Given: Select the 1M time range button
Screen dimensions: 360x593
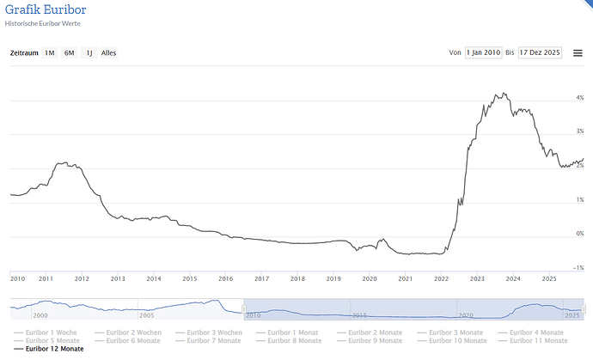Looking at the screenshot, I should tap(50, 52).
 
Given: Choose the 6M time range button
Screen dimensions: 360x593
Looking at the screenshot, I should tap(69, 52).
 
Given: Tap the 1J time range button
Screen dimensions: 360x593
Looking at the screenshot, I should tap(89, 52).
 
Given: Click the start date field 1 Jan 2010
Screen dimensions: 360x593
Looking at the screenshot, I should tap(483, 52).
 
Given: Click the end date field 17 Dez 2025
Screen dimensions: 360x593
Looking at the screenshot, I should tap(539, 52).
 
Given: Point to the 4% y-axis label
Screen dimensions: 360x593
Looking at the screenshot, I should tap(580, 97).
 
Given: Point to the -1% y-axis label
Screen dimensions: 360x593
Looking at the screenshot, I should tap(579, 267).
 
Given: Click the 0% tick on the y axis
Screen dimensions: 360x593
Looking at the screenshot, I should tap(580, 234).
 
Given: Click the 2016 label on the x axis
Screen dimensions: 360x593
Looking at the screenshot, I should tap(226, 278).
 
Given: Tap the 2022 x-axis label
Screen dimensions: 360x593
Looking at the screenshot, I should tap(442, 278).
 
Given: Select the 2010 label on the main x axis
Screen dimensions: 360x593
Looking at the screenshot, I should tap(17, 278).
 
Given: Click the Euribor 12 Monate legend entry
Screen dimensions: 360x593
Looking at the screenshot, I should tap(54, 349).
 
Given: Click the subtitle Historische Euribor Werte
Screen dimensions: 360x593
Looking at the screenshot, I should tap(42, 23).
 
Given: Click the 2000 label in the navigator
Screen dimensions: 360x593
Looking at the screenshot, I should tap(40, 315).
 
